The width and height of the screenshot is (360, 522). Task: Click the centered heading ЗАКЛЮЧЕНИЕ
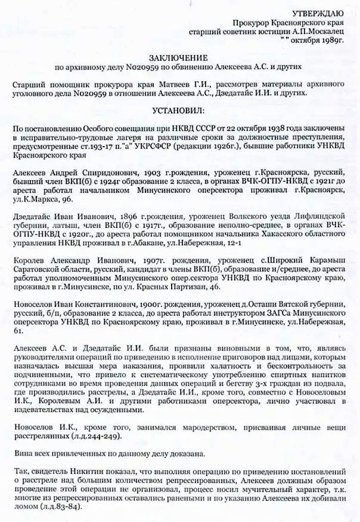179,59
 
